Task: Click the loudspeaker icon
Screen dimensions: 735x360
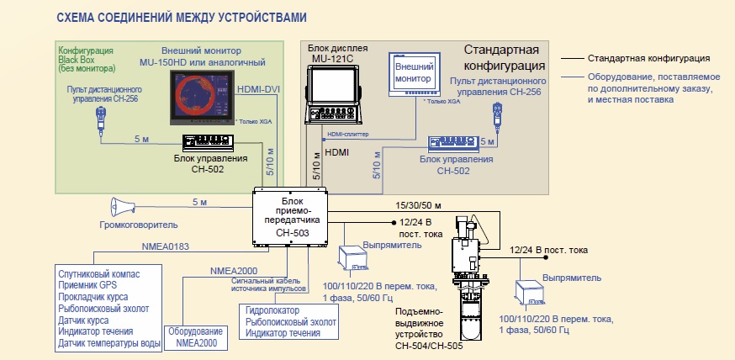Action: coord(123,207)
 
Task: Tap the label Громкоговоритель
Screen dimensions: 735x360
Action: coord(139,225)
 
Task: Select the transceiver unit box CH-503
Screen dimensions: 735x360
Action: coord(289,216)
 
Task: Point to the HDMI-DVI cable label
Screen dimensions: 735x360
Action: coord(258,88)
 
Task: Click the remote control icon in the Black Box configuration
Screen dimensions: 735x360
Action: coord(100,119)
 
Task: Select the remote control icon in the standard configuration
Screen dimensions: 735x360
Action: coord(496,115)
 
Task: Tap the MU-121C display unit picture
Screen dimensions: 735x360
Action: coord(333,94)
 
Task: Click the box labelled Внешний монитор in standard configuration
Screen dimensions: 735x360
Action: coord(414,74)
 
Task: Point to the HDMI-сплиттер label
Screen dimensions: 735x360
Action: coord(348,134)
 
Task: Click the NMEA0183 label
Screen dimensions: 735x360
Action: coord(167,246)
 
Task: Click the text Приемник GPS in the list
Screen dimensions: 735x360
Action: coord(87,285)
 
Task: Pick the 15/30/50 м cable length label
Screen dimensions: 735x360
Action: coord(418,205)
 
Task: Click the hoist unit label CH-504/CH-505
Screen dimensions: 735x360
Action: coord(429,347)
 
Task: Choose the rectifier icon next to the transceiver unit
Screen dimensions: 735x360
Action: coord(354,258)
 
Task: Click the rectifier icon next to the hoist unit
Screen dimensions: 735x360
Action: coord(531,293)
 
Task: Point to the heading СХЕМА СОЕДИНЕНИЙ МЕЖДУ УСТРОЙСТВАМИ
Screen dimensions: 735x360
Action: coord(182,18)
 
